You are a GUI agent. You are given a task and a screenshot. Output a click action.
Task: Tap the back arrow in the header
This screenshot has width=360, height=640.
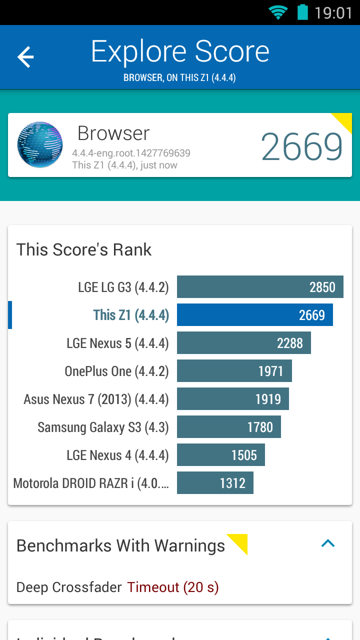(x=25, y=57)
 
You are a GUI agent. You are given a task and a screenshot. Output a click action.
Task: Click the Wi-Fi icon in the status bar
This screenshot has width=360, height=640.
(x=278, y=12)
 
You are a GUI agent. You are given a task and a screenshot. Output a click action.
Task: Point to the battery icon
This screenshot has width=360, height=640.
(x=302, y=12)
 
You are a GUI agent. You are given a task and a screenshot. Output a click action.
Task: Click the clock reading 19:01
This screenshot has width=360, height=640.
(x=333, y=12)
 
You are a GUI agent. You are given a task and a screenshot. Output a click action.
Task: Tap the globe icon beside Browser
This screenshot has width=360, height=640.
(x=40, y=144)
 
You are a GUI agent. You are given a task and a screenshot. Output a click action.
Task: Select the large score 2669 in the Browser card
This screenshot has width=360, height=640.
(x=301, y=146)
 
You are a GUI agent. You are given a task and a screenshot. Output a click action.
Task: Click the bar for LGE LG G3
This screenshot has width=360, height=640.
(x=260, y=287)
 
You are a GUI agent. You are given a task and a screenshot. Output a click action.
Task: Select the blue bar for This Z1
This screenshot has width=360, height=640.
(x=254, y=315)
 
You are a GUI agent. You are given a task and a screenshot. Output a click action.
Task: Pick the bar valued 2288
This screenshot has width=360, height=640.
(x=243, y=343)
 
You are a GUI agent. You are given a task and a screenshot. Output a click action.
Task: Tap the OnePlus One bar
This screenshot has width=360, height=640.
(x=234, y=371)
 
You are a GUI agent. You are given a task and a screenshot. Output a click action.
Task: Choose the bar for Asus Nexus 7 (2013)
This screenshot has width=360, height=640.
(x=232, y=399)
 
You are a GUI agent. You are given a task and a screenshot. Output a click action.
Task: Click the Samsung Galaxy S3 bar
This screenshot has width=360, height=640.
(x=228, y=427)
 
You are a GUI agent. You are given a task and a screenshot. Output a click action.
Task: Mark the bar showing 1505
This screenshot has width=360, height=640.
(x=220, y=455)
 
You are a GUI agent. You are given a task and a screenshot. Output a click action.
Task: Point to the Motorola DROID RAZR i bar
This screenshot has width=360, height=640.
(x=215, y=483)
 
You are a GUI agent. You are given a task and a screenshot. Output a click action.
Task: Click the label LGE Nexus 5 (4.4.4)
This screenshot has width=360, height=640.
(x=117, y=343)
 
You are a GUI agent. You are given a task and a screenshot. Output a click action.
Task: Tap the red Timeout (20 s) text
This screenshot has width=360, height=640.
(x=173, y=587)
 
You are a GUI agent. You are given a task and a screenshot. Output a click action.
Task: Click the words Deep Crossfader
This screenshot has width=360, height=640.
(x=69, y=587)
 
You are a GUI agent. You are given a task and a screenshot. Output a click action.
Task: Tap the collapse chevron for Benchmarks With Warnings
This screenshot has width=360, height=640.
(x=328, y=543)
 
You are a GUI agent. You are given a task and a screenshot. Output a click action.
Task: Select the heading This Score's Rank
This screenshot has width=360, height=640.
(x=84, y=249)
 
